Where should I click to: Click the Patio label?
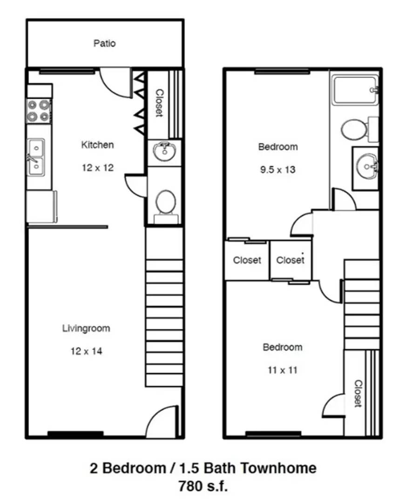pos(104,43)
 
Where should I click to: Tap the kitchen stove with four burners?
pos(39,111)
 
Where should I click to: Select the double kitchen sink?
pos(36,157)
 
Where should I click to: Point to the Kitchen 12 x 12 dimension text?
pos(98,168)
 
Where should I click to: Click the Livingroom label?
pos(86,328)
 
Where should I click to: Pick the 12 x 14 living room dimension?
pos(86,351)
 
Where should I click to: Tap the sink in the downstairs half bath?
pos(164,152)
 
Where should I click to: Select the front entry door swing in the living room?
pos(162,421)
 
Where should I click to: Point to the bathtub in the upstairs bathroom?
pos(355,89)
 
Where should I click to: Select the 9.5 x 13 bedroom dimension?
pos(278,170)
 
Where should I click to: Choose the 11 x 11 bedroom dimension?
pos(283,370)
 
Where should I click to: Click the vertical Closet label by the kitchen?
pos(159,103)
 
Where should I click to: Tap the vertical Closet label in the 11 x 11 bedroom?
pos(358,394)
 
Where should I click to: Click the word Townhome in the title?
pos(278,468)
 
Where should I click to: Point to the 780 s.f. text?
pos(203,486)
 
